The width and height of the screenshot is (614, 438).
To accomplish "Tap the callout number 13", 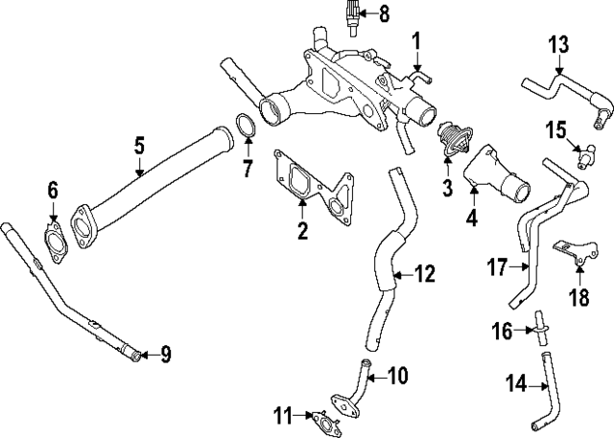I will point(559,44).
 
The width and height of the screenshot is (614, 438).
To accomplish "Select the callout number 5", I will point(139,146).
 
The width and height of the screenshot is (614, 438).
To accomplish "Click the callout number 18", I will point(579,297).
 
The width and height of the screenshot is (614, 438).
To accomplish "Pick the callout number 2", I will point(302,230).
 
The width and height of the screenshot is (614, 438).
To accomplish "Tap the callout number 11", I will point(281,415).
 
